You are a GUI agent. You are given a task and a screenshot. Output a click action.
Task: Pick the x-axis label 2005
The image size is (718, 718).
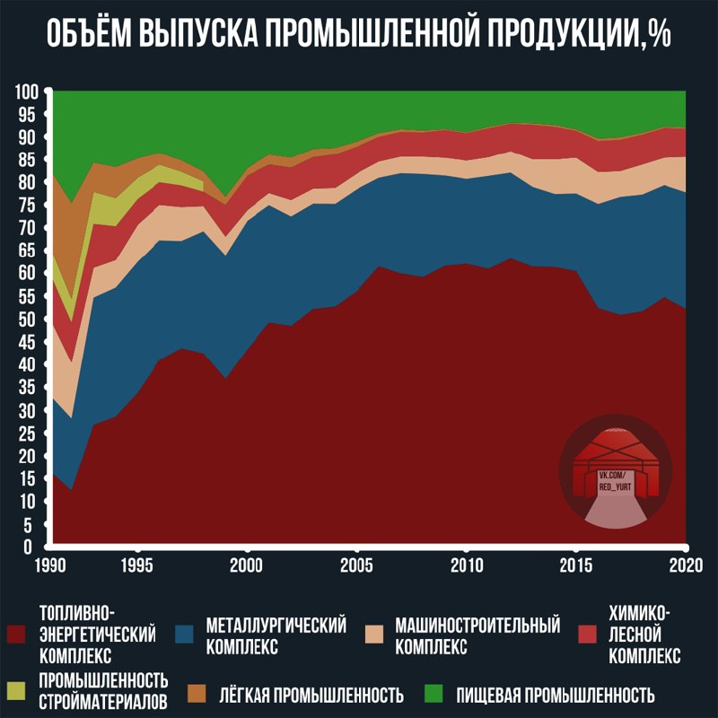click(x=357, y=565)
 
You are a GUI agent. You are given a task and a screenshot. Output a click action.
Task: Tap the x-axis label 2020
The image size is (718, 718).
click(x=685, y=565)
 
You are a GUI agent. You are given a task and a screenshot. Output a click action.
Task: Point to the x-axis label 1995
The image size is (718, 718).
click(x=137, y=565)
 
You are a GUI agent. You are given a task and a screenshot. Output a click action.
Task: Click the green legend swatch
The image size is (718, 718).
click(x=434, y=694)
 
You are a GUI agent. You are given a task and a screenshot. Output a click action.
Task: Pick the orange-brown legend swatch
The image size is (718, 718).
click(x=198, y=694)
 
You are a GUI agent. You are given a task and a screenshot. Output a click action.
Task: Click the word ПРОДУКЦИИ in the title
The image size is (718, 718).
click(x=536, y=35)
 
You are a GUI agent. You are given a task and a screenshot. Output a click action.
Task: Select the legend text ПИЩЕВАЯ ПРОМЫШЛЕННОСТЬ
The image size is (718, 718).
click(x=555, y=695)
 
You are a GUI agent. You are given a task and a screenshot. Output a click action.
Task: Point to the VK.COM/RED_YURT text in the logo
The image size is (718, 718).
click(x=616, y=477)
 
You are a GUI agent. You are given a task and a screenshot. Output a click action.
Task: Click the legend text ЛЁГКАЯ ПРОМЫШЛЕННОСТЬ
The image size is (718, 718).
click(x=310, y=695)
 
